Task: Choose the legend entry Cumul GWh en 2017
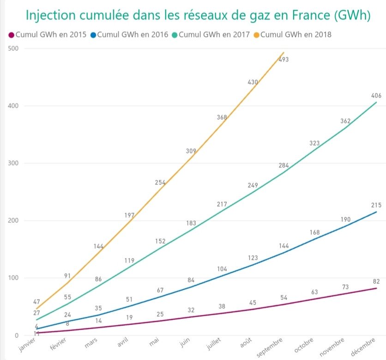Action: click(x=210, y=35)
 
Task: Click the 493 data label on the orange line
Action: click(x=283, y=59)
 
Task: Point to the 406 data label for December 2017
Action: click(x=376, y=96)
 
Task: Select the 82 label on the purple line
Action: click(x=376, y=281)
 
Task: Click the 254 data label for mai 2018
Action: click(x=160, y=183)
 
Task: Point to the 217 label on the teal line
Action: click(x=222, y=204)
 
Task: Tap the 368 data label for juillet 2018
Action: click(x=222, y=117)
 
